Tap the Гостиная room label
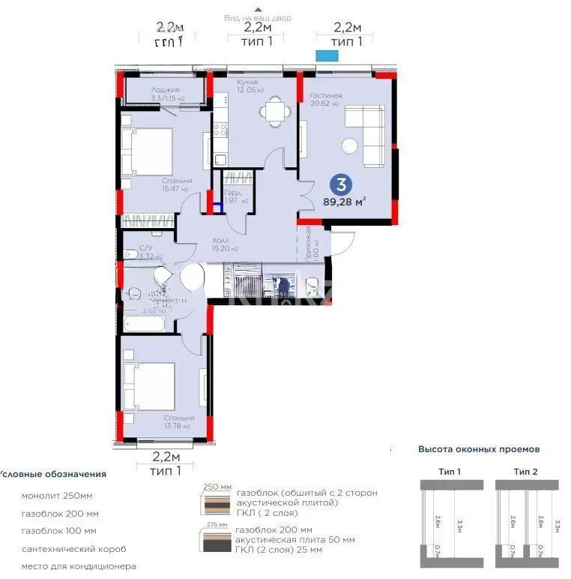coord(325,95)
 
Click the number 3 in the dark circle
coord(342,183)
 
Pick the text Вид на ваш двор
coord(258,17)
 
